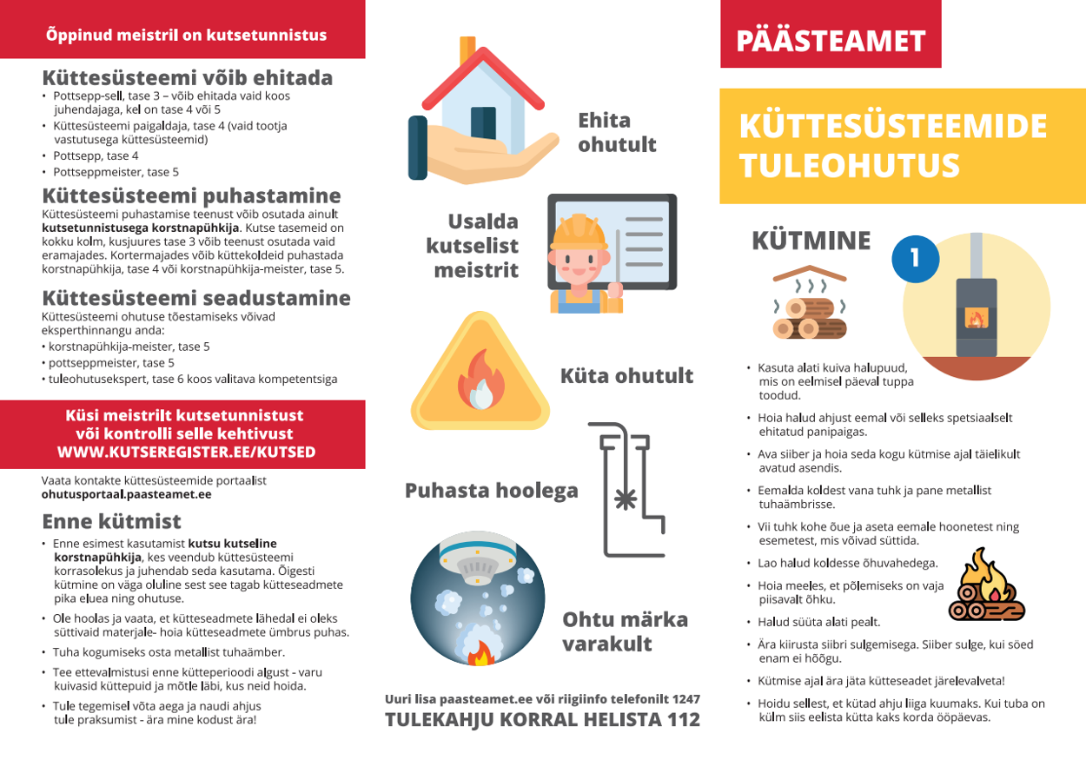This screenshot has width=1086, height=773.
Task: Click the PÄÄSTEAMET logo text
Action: coord(831,41)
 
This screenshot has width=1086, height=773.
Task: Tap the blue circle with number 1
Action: coord(914,257)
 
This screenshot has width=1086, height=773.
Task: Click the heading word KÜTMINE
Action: coord(811,241)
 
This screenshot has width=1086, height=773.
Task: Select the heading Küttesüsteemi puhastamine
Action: coord(191,195)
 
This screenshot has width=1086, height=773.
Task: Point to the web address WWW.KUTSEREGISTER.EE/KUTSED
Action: coord(186,453)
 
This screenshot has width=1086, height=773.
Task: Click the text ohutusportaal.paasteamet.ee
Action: coord(127,494)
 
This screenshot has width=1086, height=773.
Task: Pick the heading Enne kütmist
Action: coord(111,521)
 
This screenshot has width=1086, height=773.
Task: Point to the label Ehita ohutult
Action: coord(617,132)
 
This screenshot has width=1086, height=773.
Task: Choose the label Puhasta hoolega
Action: coord(491,491)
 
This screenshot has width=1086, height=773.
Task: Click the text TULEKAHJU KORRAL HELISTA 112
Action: coord(542,720)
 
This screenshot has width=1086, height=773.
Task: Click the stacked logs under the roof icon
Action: coord(807,317)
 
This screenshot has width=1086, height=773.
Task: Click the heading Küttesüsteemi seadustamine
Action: coord(196,298)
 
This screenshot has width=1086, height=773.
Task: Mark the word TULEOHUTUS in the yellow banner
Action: coord(849,165)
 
